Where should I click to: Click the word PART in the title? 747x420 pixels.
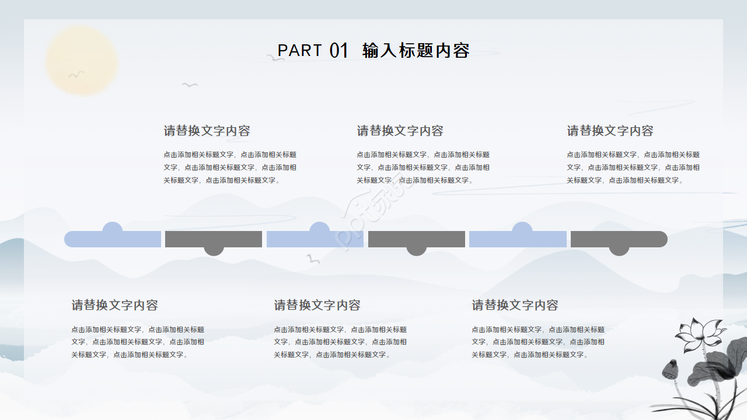coord(299,50)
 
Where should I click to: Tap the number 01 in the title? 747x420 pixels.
coord(339,51)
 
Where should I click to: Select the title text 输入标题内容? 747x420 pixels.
coord(416,51)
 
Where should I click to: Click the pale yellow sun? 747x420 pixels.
coord(82,61)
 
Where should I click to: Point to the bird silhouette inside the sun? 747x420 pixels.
coord(76,74)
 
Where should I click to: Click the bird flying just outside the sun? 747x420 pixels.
coord(190,85)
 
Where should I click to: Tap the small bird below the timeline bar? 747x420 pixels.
coord(313,258)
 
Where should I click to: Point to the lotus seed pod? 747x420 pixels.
coord(671,369)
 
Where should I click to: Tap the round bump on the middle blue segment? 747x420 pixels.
coord(319,227)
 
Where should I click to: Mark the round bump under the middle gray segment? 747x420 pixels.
coord(417,251)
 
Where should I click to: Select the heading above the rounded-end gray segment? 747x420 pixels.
coord(610,131)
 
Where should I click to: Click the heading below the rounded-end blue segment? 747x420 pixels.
coord(114,305)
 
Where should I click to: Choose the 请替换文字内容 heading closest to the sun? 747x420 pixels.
coord(207,131)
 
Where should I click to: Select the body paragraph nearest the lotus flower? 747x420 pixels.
coord(538,342)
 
